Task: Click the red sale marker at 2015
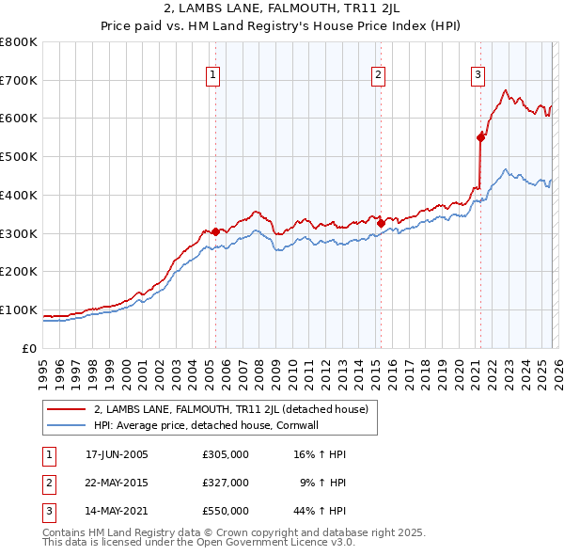click(x=381, y=223)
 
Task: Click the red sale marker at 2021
click(x=480, y=137)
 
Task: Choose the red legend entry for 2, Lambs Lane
click(x=235, y=409)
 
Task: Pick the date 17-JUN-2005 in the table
click(x=117, y=454)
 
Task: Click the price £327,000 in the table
click(x=226, y=483)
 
